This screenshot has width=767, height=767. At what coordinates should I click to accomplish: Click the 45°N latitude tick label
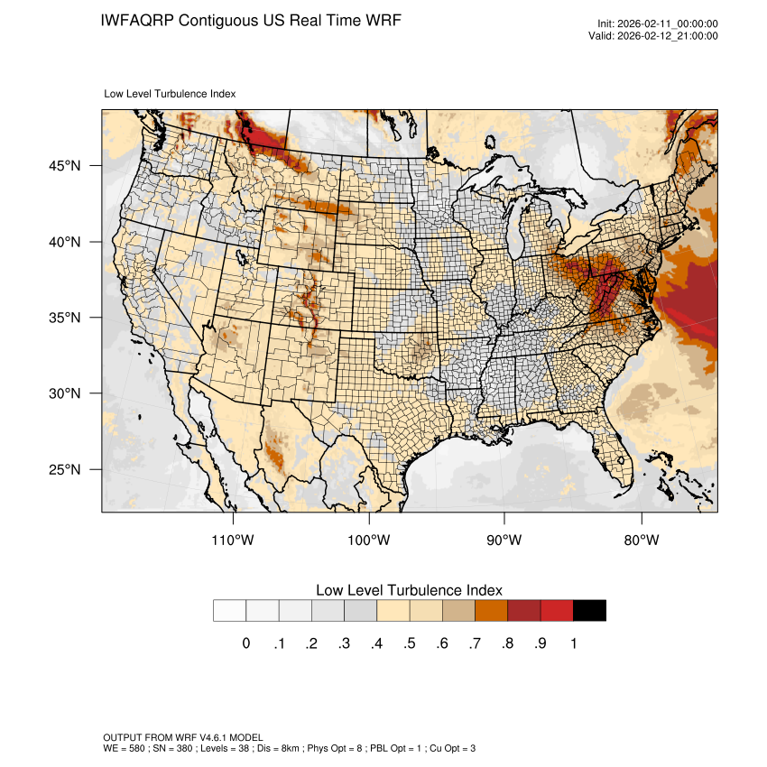[65, 166]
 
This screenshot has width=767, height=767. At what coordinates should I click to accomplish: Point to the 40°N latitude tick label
[65, 242]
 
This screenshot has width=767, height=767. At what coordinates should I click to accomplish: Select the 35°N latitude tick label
[65, 318]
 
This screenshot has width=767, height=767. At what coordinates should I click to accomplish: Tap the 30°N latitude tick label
[65, 393]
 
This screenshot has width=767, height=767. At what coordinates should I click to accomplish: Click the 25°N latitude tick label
[65, 469]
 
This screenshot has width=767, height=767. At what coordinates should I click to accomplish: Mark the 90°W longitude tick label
[505, 541]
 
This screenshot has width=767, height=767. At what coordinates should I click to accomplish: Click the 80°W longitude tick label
[641, 541]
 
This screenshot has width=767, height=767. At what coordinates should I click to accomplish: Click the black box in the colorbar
[589, 611]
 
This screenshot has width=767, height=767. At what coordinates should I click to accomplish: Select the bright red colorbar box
[557, 611]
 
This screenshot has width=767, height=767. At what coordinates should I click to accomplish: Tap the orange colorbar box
[492, 611]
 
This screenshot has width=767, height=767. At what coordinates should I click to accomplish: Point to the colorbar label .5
[409, 643]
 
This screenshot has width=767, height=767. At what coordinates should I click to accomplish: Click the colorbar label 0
[245, 643]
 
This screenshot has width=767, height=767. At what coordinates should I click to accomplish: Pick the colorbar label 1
[573, 643]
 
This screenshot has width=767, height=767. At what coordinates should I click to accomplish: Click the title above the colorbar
[409, 590]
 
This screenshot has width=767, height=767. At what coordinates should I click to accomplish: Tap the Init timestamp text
[658, 24]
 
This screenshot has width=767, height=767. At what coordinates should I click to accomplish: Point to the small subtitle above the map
[170, 94]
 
